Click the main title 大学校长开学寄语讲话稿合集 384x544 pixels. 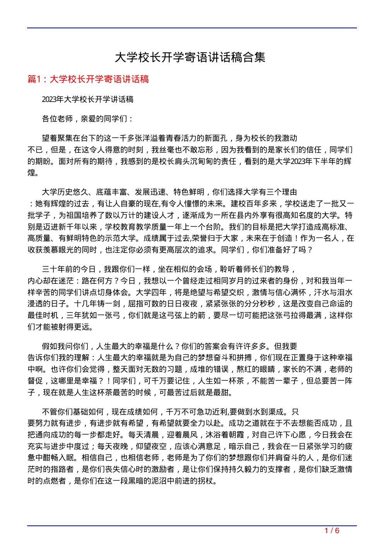(190, 58)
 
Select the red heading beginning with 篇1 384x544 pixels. (89, 79)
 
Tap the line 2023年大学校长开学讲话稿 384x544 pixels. (88, 100)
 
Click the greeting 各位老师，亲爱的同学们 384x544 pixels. (87, 119)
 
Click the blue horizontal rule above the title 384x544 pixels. (192, 28)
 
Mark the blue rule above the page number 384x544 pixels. (192, 526)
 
